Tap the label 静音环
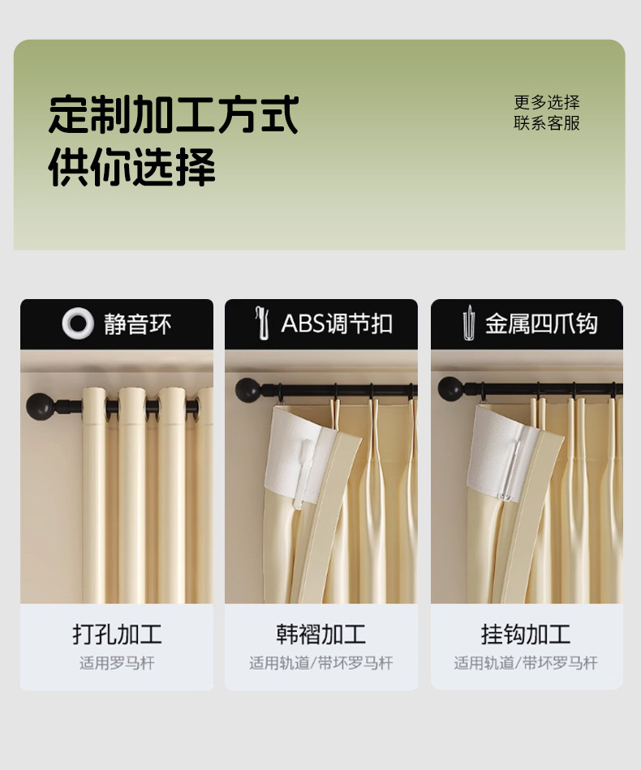coord(138,324)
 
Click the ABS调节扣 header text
coord(337,323)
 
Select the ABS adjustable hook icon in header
coord(263,323)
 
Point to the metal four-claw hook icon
coord(469,323)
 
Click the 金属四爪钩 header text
coord(541,323)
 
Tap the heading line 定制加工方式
coord(174,115)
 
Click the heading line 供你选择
coord(131,167)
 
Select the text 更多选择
coord(547,102)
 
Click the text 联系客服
coord(547,122)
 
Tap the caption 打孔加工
coord(117,634)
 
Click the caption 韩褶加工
coord(321,634)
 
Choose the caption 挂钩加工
coord(526,634)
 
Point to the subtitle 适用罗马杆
coord(117,663)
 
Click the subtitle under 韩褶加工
coord(321,663)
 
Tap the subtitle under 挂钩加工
coord(526,663)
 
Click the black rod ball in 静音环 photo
coord(40,406)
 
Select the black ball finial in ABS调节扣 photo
coord(247,390)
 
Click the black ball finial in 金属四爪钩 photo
coord(450,389)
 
